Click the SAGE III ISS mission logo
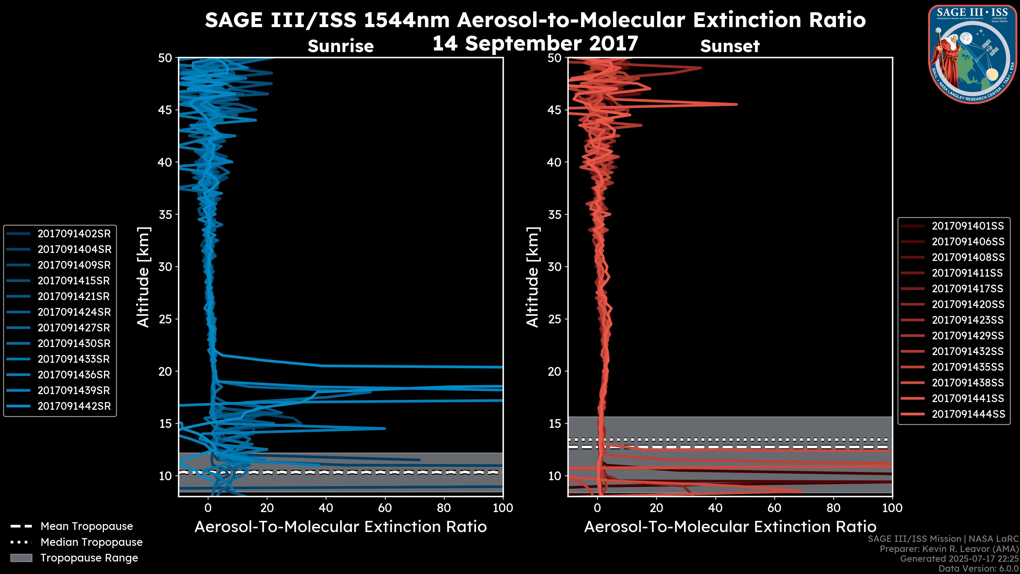click(972, 54)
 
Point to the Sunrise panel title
click(341, 46)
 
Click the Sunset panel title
click(730, 46)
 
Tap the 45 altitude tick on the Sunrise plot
click(165, 110)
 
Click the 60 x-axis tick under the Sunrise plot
click(385, 508)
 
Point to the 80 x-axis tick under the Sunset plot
click(834, 508)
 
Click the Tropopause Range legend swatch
click(21, 558)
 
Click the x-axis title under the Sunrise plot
click(341, 527)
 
